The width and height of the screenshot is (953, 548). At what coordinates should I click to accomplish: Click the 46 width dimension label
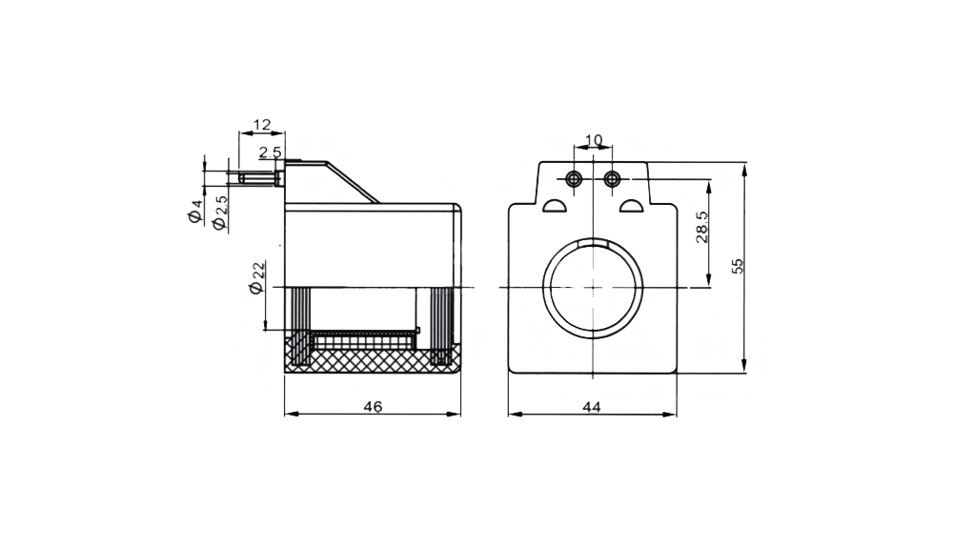(x=374, y=406)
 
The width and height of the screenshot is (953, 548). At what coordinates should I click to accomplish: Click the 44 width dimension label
(x=592, y=406)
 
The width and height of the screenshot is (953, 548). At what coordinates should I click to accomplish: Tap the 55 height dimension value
(x=738, y=266)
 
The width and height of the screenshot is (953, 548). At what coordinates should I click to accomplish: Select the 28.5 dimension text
(x=702, y=227)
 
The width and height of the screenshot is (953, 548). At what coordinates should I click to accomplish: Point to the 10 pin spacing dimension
(x=593, y=140)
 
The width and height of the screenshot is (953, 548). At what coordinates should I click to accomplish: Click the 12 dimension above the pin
(x=262, y=125)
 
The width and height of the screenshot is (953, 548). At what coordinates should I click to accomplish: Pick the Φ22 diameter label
(x=257, y=277)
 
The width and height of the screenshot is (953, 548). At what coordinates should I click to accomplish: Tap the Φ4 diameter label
(x=195, y=211)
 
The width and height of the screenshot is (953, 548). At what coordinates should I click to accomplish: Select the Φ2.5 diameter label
(x=220, y=213)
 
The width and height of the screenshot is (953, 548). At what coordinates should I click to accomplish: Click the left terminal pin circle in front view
(x=574, y=178)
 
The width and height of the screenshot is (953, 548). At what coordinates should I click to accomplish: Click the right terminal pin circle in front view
(x=612, y=178)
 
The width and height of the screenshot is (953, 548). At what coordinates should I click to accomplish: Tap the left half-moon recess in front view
(x=554, y=206)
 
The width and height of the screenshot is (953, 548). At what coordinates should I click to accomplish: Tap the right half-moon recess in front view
(x=632, y=206)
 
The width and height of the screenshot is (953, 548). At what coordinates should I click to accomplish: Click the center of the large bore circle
(x=593, y=287)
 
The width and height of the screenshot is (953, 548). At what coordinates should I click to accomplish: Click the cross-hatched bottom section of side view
(x=372, y=360)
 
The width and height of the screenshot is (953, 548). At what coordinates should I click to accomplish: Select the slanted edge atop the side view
(x=354, y=182)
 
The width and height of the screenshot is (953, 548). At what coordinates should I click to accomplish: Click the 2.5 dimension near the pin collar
(x=271, y=152)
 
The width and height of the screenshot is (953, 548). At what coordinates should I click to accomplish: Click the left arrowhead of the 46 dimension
(x=291, y=415)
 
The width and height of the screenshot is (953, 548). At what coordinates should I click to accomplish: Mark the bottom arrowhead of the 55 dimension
(x=744, y=366)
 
